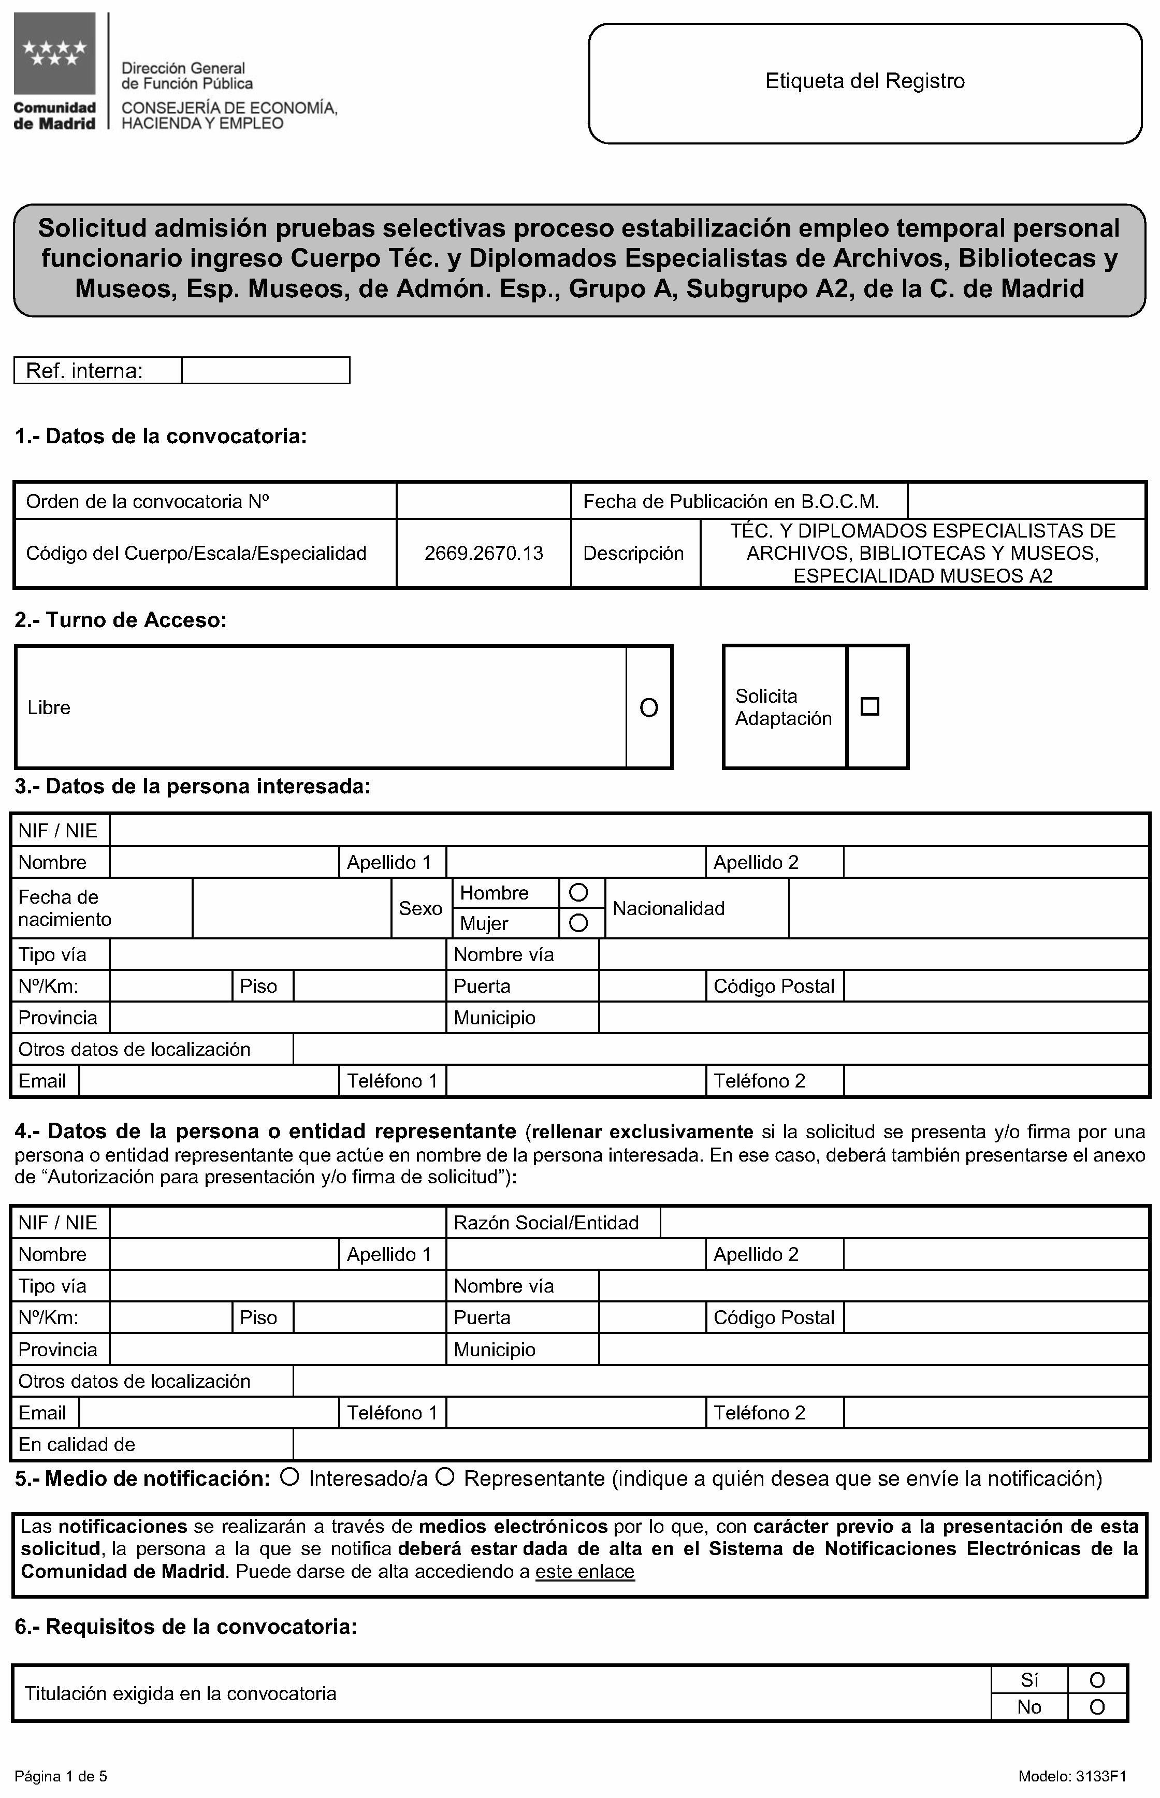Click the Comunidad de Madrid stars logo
(54, 54)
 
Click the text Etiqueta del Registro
(865, 81)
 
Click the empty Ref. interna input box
(265, 371)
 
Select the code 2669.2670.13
(484, 554)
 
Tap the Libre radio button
(648, 707)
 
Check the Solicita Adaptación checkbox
(870, 706)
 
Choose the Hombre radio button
(578, 893)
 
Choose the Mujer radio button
(578, 923)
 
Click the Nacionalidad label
(668, 908)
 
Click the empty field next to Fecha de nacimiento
(292, 908)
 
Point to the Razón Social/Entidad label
(546, 1223)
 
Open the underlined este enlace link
(585, 1572)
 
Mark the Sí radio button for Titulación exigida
(1097, 1680)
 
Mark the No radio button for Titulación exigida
(1097, 1707)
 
